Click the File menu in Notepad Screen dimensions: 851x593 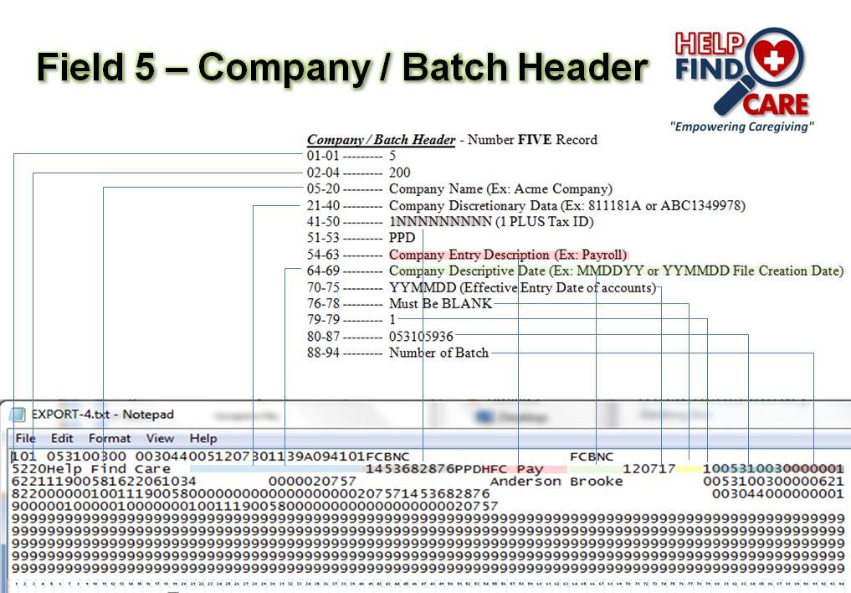(x=25, y=438)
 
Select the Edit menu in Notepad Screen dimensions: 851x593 (x=62, y=438)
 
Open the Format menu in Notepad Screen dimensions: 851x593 (x=110, y=438)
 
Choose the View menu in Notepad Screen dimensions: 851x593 (x=160, y=438)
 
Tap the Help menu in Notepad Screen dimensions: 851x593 (x=202, y=438)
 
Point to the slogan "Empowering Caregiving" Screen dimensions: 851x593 (x=741, y=126)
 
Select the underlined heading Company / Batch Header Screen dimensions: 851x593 (x=381, y=140)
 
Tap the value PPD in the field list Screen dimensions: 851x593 (x=402, y=238)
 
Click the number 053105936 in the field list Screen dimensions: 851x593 (x=421, y=337)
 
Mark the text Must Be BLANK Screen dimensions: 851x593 (x=440, y=303)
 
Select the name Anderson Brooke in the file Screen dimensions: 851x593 (x=556, y=482)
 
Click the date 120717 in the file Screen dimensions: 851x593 (x=649, y=469)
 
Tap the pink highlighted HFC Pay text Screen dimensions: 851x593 (x=512, y=469)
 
